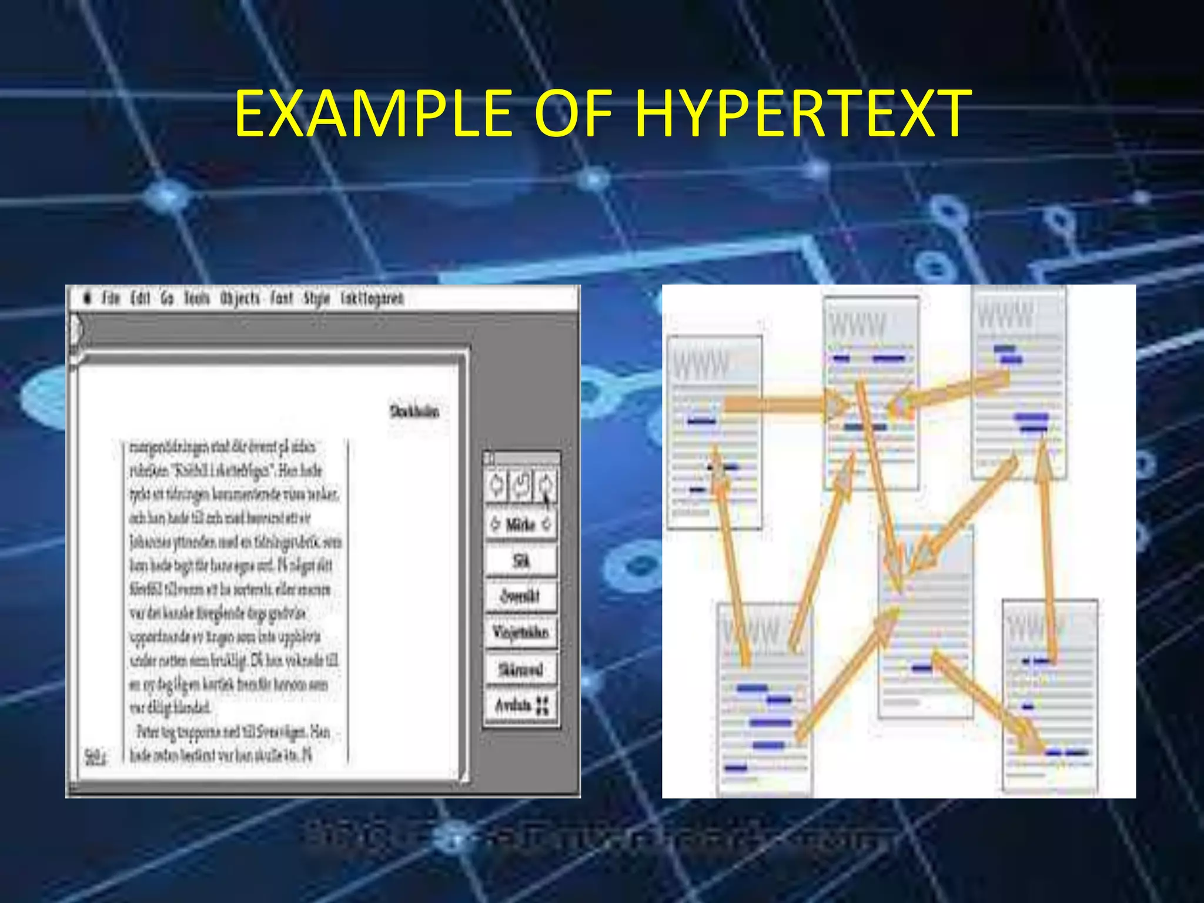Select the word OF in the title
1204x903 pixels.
pos(573,113)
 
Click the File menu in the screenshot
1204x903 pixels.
pos(111,299)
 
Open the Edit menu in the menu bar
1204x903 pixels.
pos(140,299)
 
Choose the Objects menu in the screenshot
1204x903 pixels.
pos(240,299)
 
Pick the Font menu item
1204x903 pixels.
pos(282,299)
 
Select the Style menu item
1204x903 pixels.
pos(317,299)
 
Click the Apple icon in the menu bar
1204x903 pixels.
pos(88,299)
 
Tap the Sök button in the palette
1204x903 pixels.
pos(521,561)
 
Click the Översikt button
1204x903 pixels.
pos(521,596)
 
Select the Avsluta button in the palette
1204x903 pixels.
pos(521,705)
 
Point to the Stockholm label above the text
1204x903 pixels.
pos(414,411)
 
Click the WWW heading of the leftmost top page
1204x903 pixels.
pos(701,365)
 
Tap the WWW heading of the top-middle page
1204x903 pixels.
pos(858,325)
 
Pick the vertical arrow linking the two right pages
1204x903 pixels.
pos(1046,553)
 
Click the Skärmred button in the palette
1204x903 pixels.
pos(521,669)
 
